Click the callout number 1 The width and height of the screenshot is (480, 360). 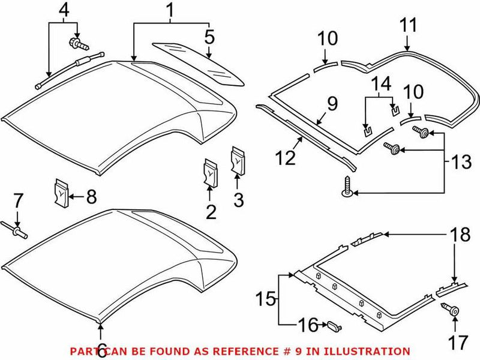170,10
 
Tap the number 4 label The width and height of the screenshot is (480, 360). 63,10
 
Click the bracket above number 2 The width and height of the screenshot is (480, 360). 211,170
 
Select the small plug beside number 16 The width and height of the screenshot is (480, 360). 334,325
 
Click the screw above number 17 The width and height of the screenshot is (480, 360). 453,311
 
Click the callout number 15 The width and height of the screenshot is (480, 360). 267,298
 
